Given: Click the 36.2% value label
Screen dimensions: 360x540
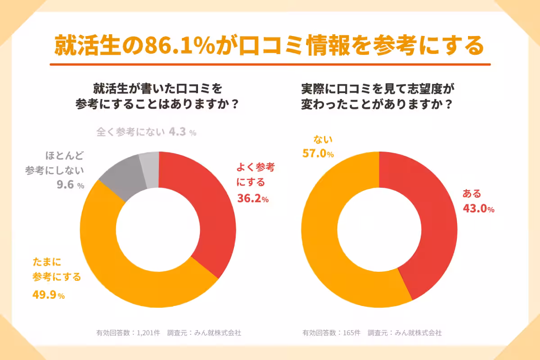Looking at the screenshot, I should pos(252,198).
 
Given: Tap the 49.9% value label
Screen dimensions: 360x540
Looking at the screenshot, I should pos(49,295).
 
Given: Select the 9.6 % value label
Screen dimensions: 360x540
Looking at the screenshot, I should pos(70,185).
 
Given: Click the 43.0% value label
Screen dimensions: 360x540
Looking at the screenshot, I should pos(478,209).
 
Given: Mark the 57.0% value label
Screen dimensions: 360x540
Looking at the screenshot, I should pos(318,154).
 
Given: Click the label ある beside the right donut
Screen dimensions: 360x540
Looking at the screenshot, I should pos(472,194).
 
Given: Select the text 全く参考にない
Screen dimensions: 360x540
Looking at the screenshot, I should pos(130,132).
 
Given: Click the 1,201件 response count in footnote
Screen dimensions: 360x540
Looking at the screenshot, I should pos(148,333).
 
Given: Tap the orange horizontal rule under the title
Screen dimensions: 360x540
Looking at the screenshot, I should pos(270,64).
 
